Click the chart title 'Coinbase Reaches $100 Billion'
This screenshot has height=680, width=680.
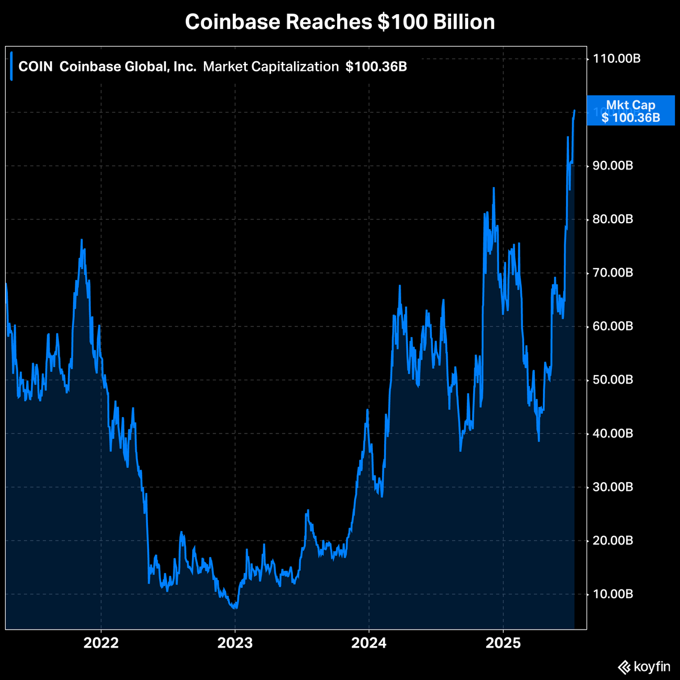(340, 22)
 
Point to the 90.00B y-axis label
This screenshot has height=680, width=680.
(613, 165)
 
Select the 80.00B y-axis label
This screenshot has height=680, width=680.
(613, 219)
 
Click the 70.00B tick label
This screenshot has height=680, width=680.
(613, 273)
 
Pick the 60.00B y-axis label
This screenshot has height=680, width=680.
(613, 326)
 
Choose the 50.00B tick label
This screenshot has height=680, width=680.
(613, 380)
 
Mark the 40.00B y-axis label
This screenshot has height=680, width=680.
(613, 433)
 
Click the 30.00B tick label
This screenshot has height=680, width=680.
(613, 487)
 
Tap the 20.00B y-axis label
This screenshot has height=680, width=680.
(613, 541)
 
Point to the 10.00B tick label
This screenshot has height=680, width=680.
(613, 594)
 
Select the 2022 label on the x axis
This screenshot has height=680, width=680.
(101, 644)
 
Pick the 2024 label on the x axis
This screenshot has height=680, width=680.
(369, 644)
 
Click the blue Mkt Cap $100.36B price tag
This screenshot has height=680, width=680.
(631, 111)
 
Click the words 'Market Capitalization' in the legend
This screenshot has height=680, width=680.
(271, 67)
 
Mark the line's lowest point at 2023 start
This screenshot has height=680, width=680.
(234, 607)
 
